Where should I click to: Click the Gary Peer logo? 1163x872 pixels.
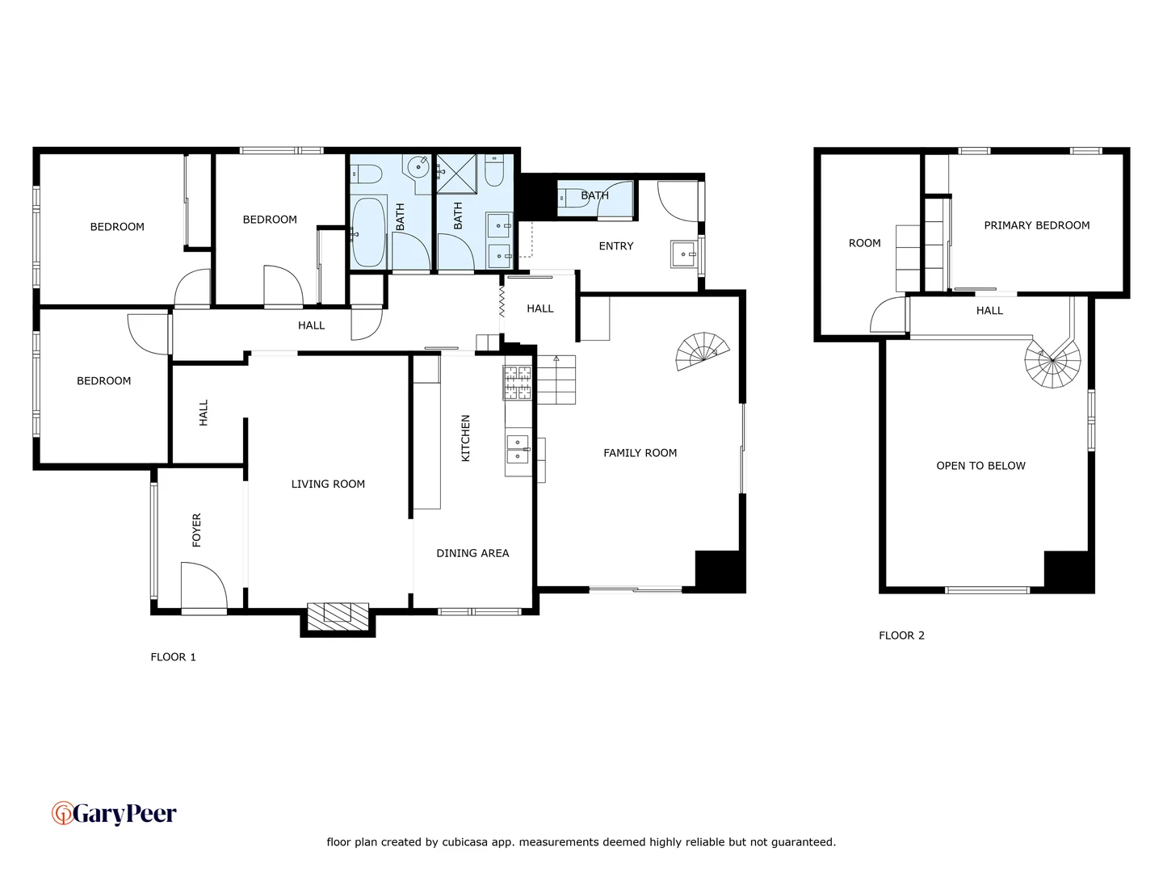click(x=114, y=813)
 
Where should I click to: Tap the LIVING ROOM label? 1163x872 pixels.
click(x=328, y=484)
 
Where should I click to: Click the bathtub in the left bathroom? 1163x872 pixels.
click(x=368, y=232)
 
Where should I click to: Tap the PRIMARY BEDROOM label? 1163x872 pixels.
click(x=1036, y=225)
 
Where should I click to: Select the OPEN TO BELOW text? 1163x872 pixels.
click(x=980, y=466)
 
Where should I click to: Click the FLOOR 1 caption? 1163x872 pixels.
click(x=173, y=657)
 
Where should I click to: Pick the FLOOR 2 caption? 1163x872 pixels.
click(x=901, y=635)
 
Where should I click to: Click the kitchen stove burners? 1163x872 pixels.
click(x=518, y=383)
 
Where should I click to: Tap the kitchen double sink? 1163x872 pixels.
click(x=518, y=449)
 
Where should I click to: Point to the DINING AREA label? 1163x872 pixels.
click(x=472, y=553)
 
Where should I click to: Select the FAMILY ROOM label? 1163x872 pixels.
click(x=640, y=453)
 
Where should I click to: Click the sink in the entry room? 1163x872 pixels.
click(x=683, y=254)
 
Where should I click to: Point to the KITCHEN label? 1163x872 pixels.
click(x=465, y=438)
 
